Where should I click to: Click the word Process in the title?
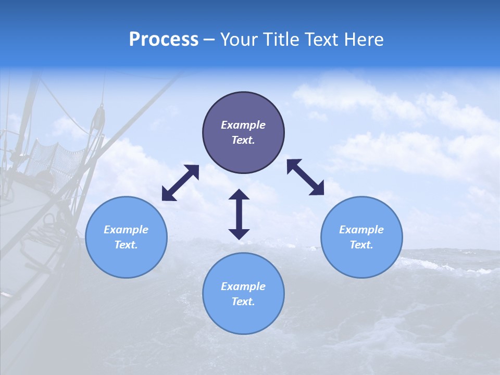164,40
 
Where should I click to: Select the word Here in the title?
365,40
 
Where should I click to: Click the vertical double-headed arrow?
239,214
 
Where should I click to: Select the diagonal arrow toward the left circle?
180,183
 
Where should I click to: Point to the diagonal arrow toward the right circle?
306,177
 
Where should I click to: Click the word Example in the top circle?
243,125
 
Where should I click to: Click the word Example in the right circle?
361,230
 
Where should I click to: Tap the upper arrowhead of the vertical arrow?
239,195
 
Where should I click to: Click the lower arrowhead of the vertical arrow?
239,233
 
